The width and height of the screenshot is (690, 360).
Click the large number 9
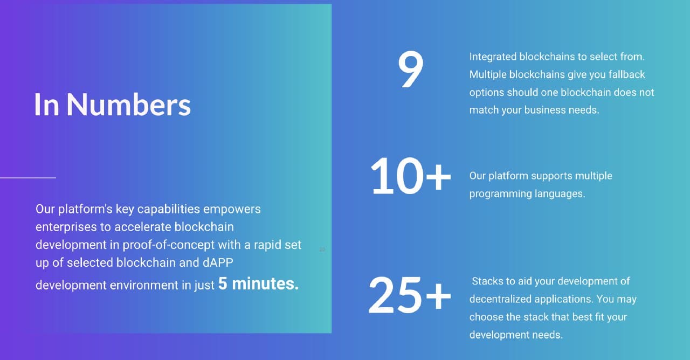point(411,70)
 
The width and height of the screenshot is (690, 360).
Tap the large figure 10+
point(410,176)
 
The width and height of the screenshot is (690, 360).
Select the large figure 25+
point(410,295)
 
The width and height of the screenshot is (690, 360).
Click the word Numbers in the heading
point(128,104)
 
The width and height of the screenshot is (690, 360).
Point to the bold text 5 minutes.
point(258,283)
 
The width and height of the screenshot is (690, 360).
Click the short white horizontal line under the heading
point(28,177)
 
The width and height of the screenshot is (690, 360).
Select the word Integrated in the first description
point(493,57)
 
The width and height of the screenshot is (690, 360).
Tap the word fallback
point(627,74)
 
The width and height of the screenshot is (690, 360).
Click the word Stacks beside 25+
point(487,281)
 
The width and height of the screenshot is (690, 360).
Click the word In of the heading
point(46,104)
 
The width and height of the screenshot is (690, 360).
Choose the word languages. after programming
point(559,193)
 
